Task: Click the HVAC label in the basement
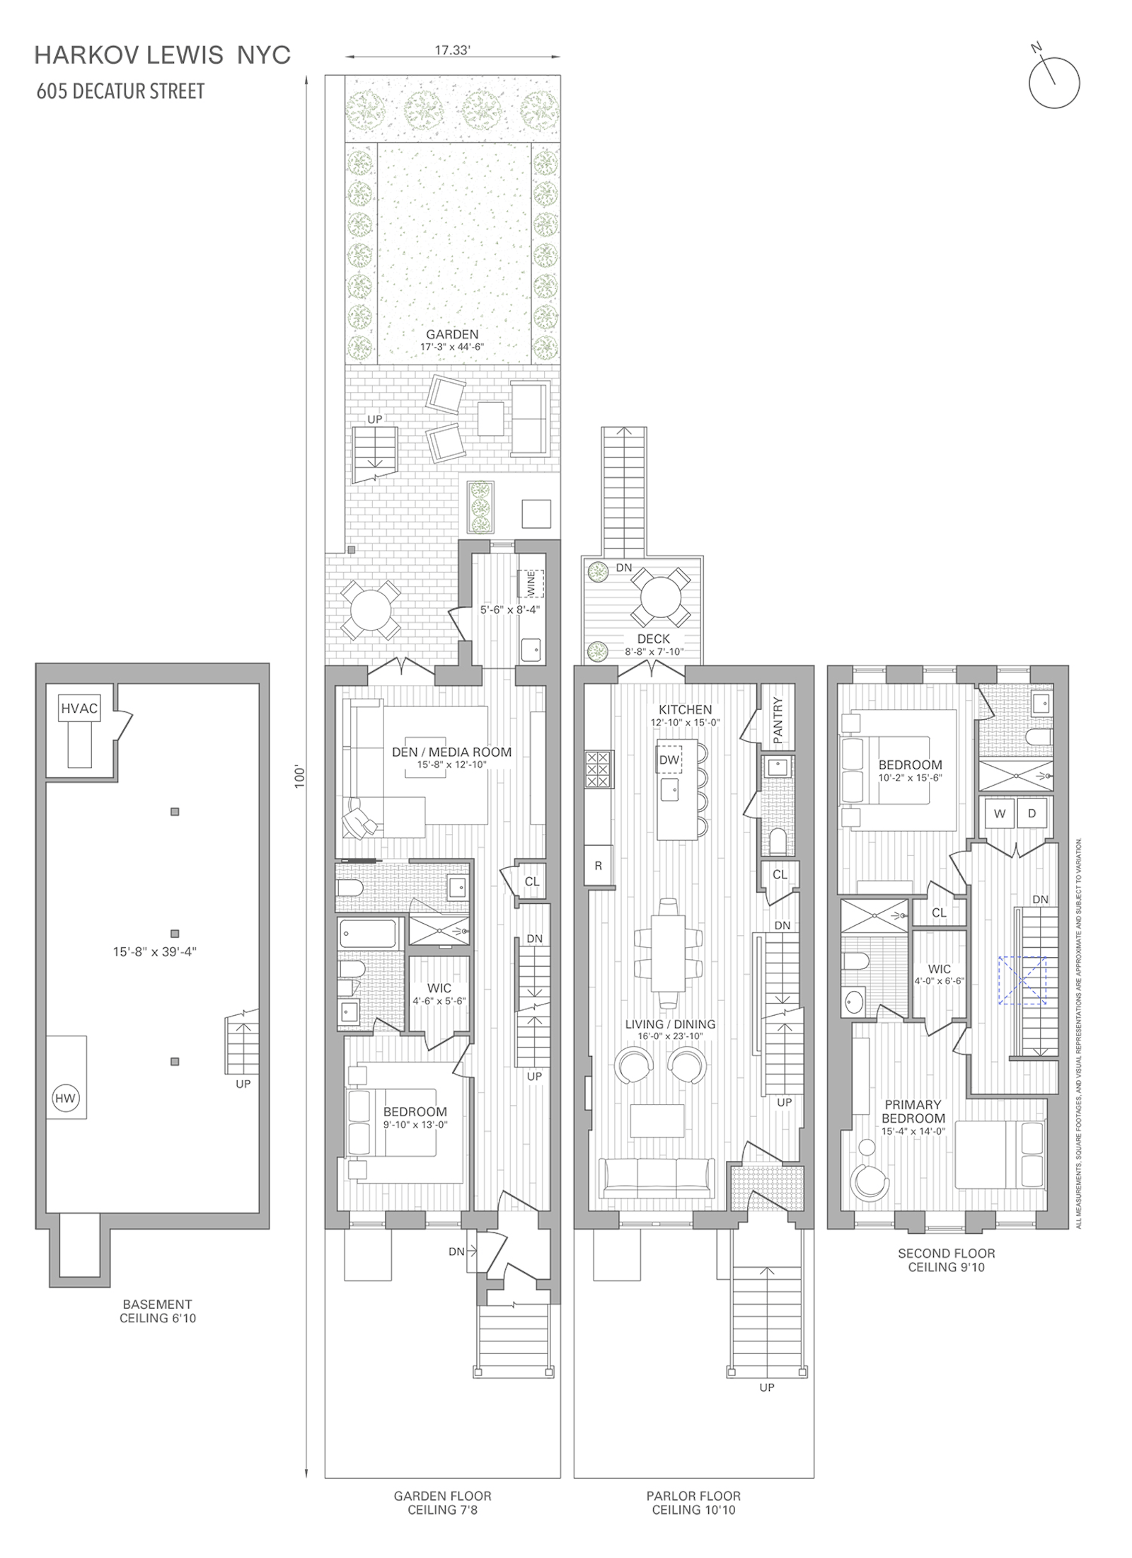click(x=79, y=708)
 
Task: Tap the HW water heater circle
click(x=65, y=1099)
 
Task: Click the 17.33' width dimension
click(x=453, y=50)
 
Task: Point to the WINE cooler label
click(x=531, y=583)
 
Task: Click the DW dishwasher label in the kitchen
click(x=669, y=760)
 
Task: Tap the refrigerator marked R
click(x=598, y=865)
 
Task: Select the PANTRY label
click(x=778, y=720)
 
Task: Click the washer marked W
click(x=1000, y=813)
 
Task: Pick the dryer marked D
click(x=1032, y=813)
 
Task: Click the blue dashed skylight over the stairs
click(x=1022, y=980)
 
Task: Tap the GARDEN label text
click(x=452, y=334)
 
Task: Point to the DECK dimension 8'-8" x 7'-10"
click(x=654, y=652)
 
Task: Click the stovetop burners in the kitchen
click(x=598, y=769)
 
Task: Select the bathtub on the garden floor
click(x=367, y=933)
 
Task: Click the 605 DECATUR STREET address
click(x=120, y=91)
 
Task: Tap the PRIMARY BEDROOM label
click(x=913, y=1111)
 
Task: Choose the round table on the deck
click(x=660, y=597)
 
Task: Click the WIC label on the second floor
click(x=940, y=969)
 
